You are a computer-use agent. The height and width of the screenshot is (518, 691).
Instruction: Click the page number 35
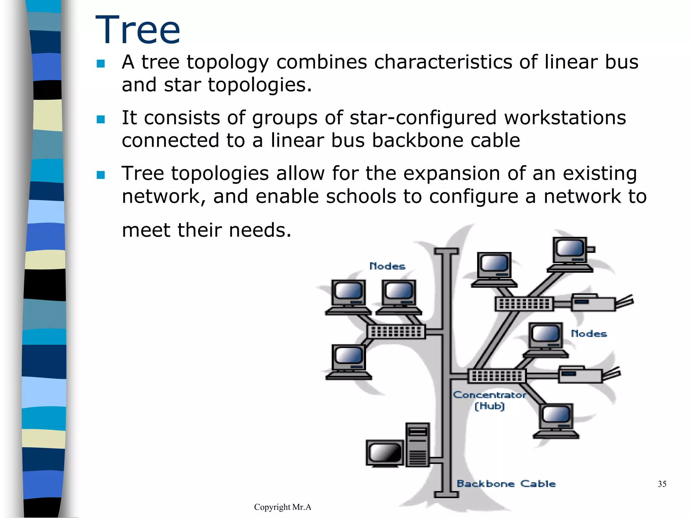pyautogui.click(x=662, y=484)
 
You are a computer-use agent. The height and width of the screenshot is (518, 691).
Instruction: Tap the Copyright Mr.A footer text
pyautogui.click(x=282, y=507)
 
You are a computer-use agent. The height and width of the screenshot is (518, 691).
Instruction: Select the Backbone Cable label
pyautogui.click(x=506, y=484)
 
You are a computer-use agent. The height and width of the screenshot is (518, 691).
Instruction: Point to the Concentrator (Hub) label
pyautogui.click(x=489, y=400)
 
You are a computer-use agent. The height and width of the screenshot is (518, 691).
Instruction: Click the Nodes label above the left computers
pyautogui.click(x=387, y=266)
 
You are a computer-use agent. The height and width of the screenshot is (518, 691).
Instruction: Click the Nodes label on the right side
pyautogui.click(x=589, y=334)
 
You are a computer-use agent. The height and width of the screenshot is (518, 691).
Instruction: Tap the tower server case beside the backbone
pyautogui.click(x=417, y=444)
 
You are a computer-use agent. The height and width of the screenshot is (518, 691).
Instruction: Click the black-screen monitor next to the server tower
pyautogui.click(x=385, y=453)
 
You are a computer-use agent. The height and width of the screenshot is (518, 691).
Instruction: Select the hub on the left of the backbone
pyautogui.click(x=396, y=332)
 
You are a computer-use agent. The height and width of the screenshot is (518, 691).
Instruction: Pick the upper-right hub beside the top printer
pyautogui.click(x=524, y=304)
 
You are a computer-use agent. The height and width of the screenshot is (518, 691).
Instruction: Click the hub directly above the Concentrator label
pyautogui.click(x=497, y=376)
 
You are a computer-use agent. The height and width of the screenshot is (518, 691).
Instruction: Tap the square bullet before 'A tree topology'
pyautogui.click(x=101, y=63)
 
